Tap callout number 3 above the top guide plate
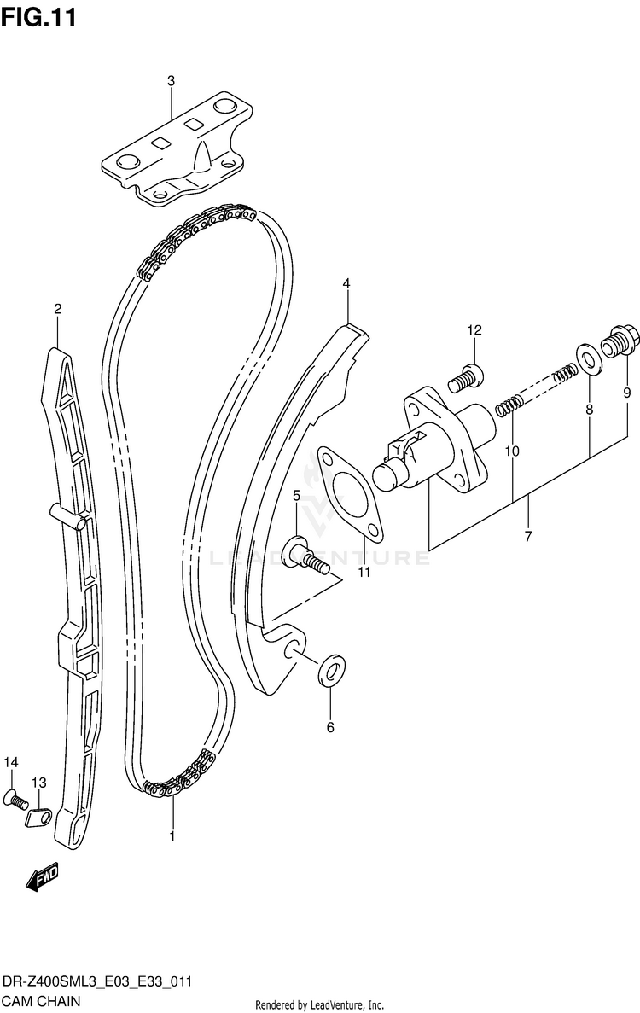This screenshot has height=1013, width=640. (171, 81)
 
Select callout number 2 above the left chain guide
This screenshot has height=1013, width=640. (57, 310)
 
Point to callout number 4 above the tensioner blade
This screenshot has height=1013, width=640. (347, 282)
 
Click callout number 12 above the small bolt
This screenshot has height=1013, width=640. (474, 330)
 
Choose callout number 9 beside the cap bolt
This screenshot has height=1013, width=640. (627, 394)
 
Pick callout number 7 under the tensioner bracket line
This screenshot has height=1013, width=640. (528, 536)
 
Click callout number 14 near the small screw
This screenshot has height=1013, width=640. (11, 762)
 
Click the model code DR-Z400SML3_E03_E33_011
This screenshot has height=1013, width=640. (96, 982)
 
